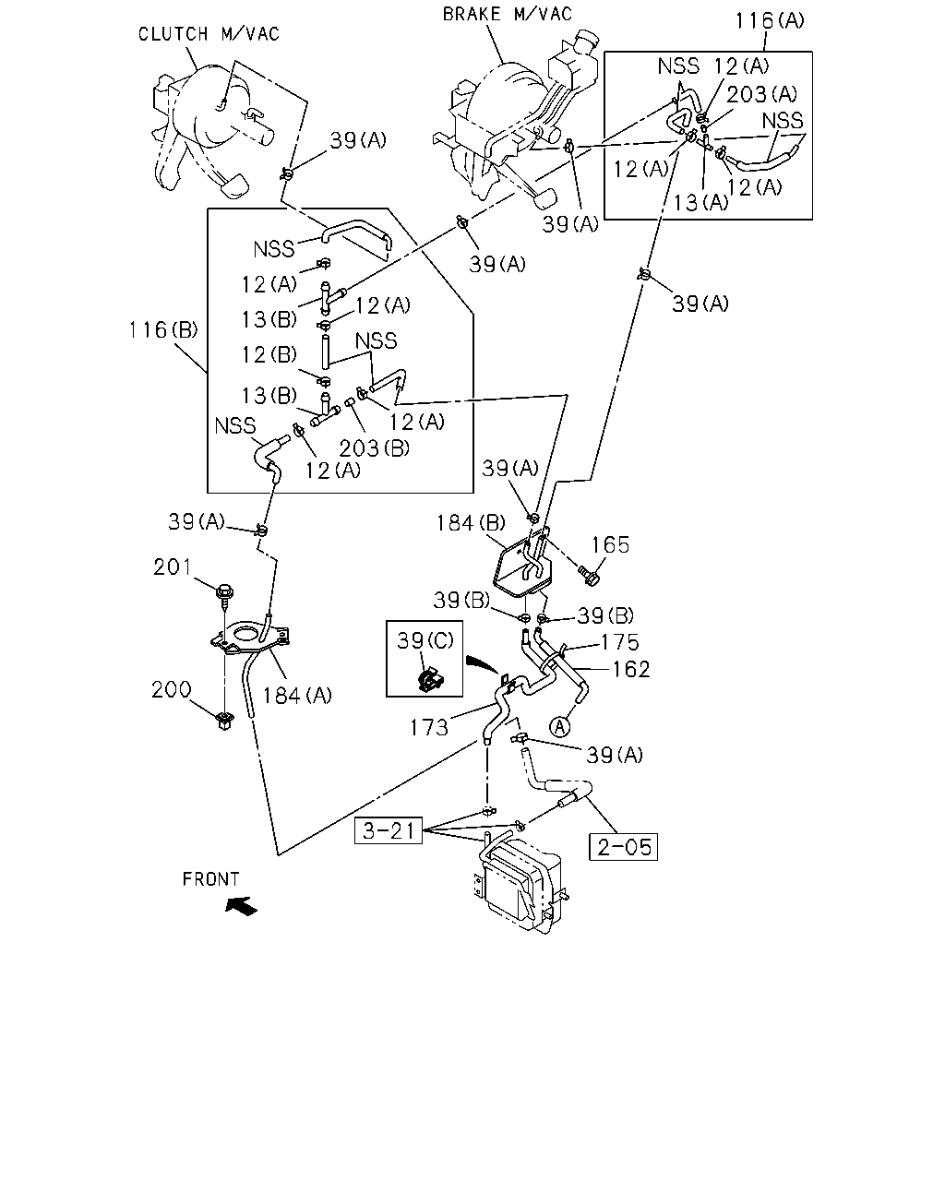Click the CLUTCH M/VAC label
pos(209,34)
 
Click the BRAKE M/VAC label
pos(508,14)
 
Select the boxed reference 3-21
pos(389,830)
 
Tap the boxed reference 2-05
pos(623,847)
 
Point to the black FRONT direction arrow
pos(242,905)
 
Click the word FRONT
pos(210,879)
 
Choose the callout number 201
pos(172,567)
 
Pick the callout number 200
pos(172,689)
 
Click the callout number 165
pos(609,545)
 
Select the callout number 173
pos(429,728)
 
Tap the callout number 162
pos(631,669)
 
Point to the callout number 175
pos(620,642)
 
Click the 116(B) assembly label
pos(163,329)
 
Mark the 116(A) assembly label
pos(770,20)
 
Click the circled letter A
pos(559,727)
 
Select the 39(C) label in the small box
pos(425,640)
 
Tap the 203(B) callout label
pos(375,448)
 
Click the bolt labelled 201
pos(224,596)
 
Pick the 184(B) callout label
pos(471,523)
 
